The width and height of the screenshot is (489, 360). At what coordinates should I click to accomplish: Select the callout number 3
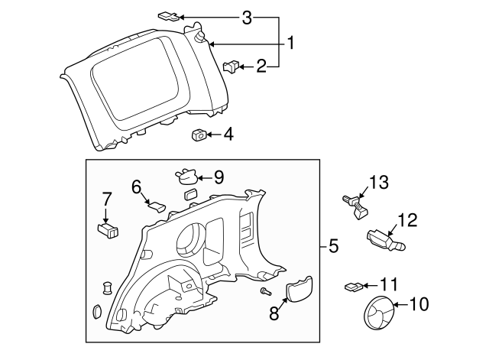pyautogui.click(x=247, y=18)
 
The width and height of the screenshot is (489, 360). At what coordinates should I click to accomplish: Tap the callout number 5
pyautogui.click(x=333, y=246)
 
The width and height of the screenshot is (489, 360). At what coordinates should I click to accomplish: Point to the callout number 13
pyautogui.click(x=379, y=183)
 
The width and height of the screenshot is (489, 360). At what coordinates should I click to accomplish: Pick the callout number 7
pyautogui.click(x=106, y=200)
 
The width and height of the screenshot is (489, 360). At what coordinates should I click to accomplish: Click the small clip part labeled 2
pyautogui.click(x=231, y=68)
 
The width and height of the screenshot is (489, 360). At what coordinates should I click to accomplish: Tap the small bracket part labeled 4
pyautogui.click(x=198, y=135)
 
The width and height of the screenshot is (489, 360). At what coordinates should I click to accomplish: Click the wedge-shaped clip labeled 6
pyautogui.click(x=157, y=205)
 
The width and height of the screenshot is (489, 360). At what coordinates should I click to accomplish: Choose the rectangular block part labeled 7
pyautogui.click(x=108, y=229)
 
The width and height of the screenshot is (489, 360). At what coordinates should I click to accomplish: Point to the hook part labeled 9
pyautogui.click(x=186, y=177)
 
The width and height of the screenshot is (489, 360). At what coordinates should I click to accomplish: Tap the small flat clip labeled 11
pyautogui.click(x=351, y=287)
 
